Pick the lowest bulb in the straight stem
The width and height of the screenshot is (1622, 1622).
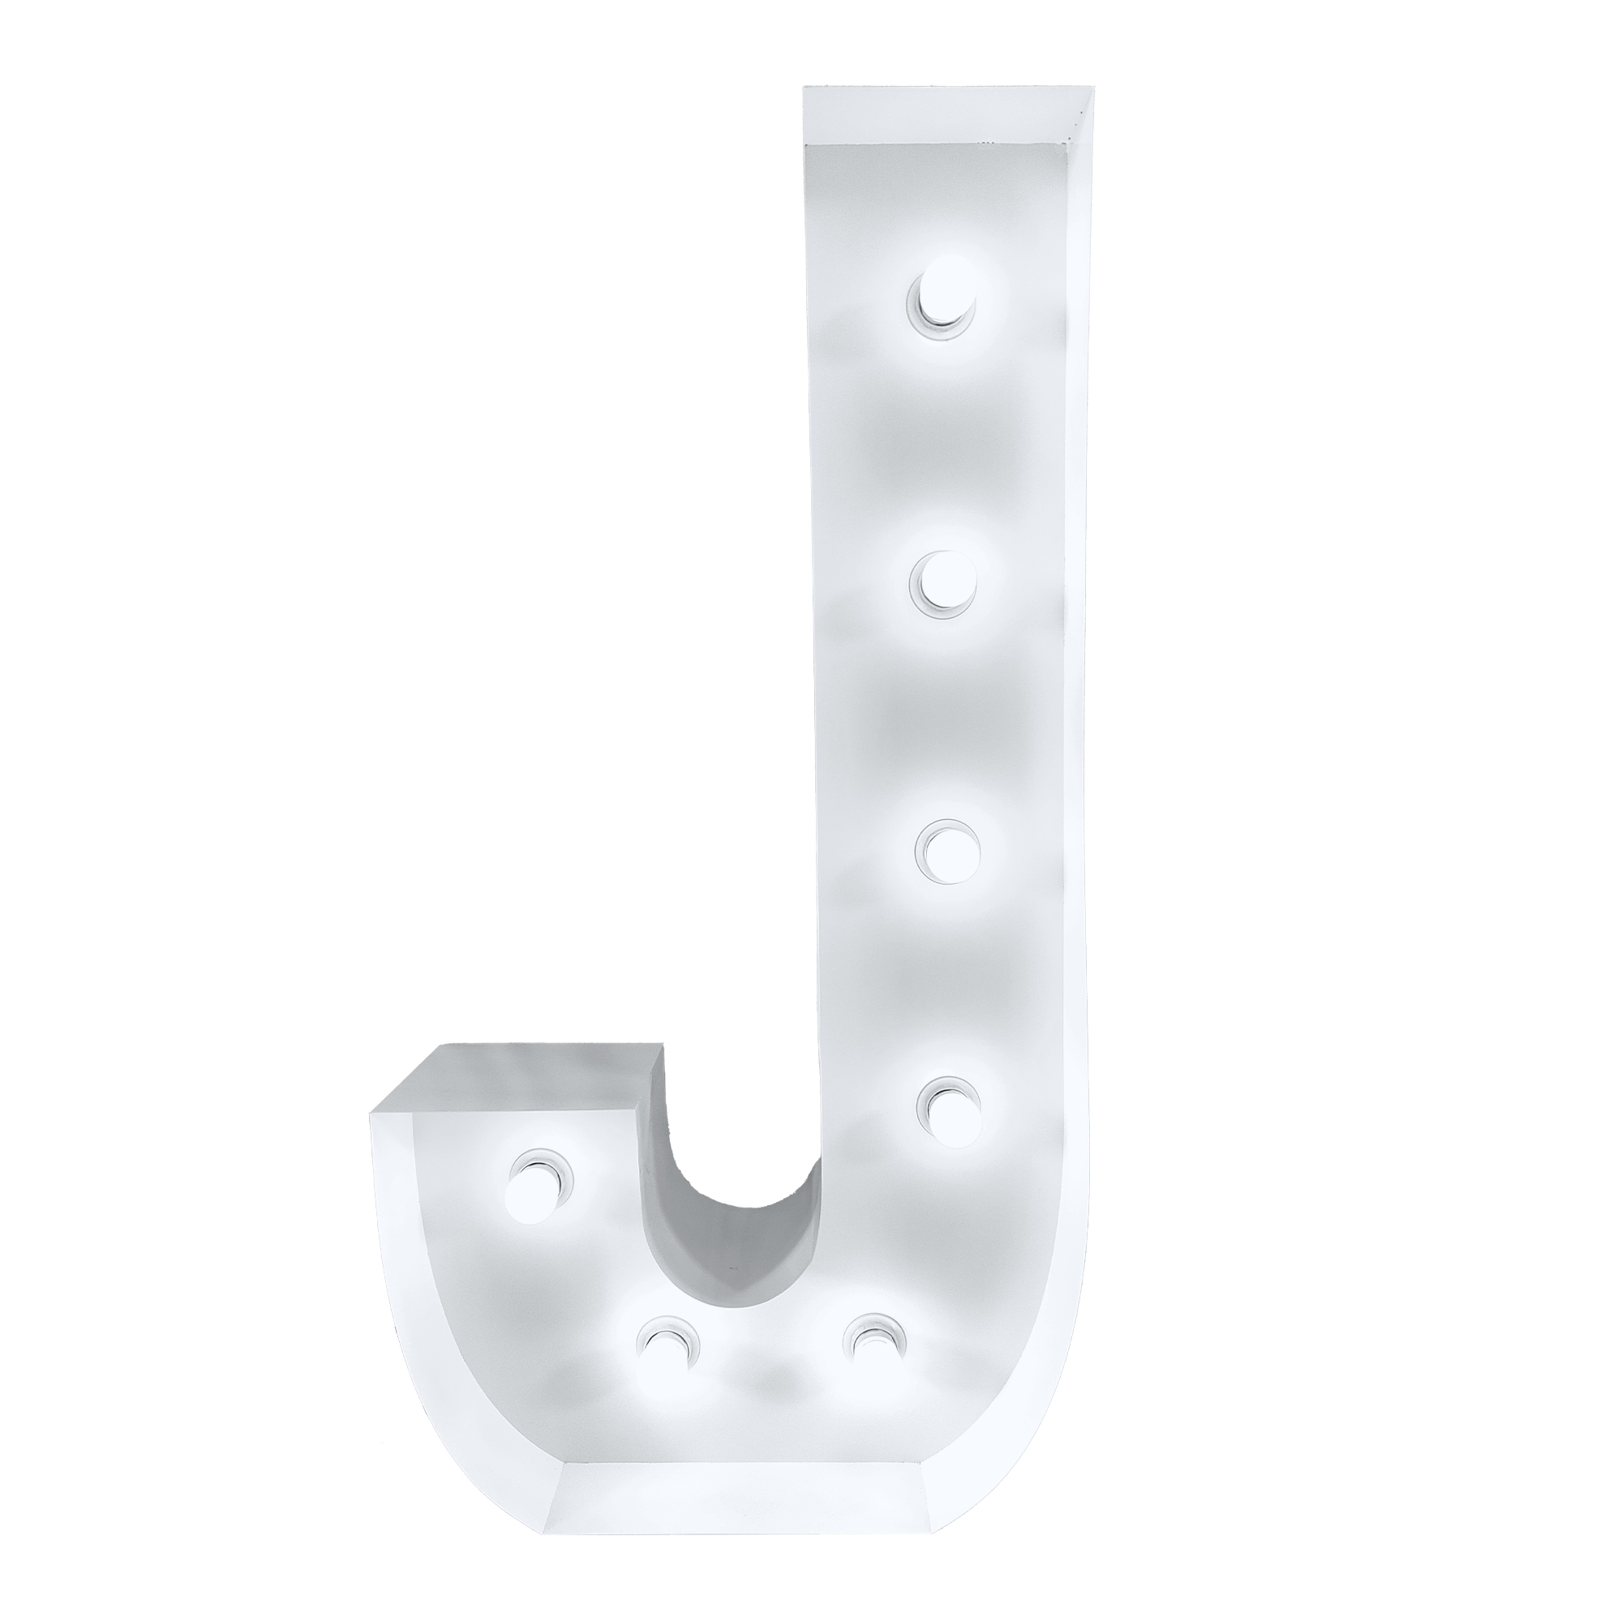point(948,1108)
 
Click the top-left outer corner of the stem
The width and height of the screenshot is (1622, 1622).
point(805,88)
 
